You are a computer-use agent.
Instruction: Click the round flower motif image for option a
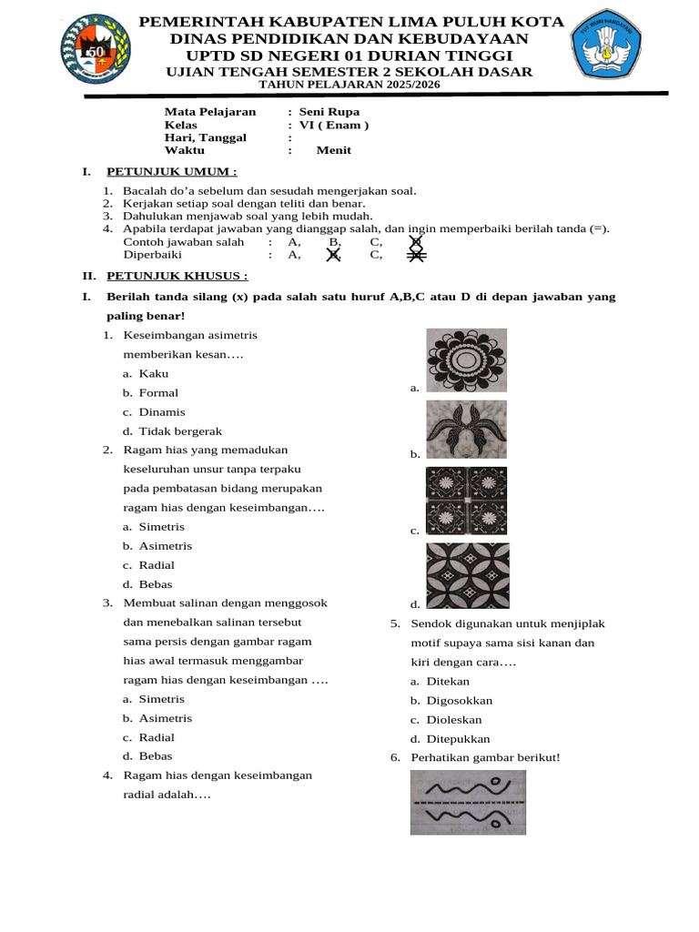pos(467,360)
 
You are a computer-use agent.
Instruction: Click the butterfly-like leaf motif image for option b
pos(467,430)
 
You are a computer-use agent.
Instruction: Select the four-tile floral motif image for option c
pos(467,501)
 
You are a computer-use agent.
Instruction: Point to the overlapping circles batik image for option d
pos(468,575)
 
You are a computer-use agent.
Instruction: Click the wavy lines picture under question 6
pos(468,802)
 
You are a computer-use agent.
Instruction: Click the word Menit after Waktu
pos(333,151)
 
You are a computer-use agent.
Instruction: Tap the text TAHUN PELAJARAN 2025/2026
pos(349,85)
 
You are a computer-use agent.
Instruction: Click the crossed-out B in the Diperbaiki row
pos(334,256)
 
